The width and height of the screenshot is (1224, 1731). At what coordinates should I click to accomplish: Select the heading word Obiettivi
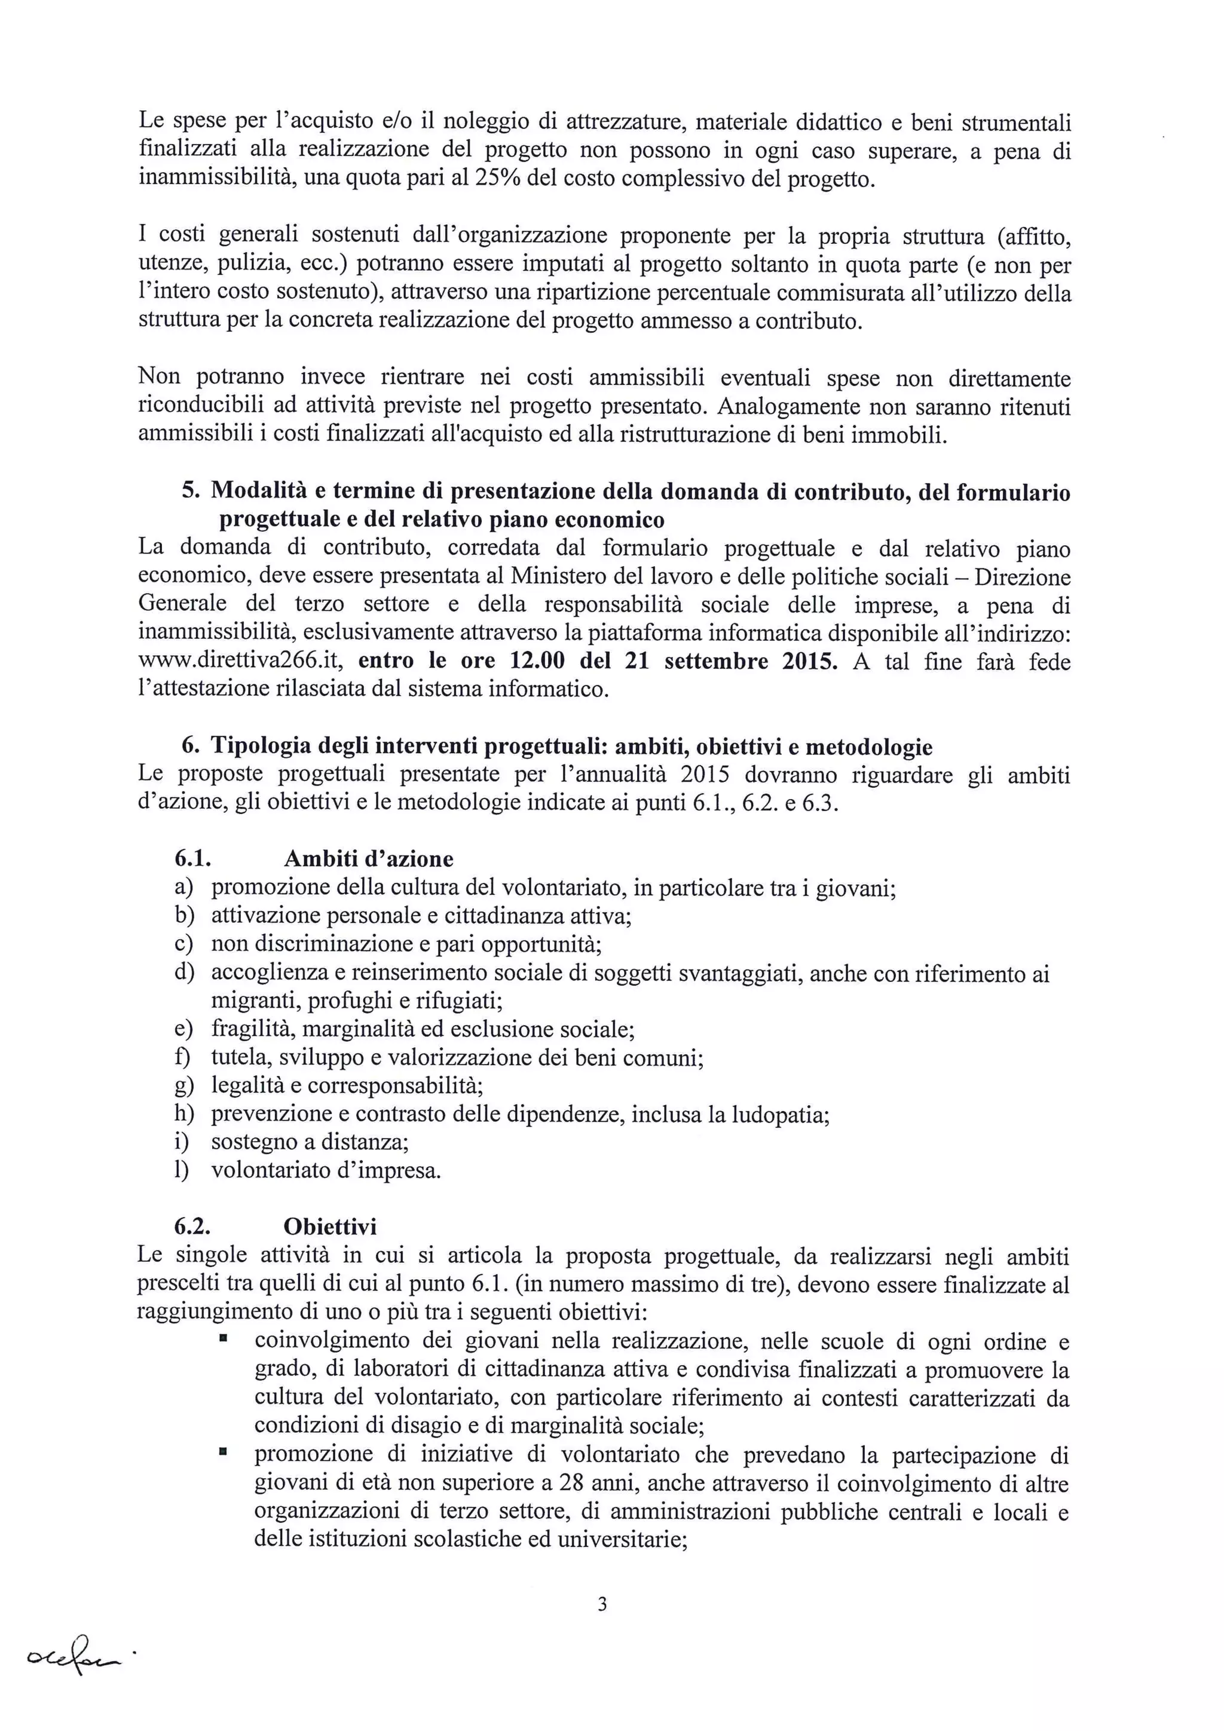[x=330, y=1227]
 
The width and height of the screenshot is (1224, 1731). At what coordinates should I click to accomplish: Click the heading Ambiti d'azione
[x=369, y=860]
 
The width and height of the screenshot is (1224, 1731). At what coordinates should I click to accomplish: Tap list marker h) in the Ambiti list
[x=184, y=1114]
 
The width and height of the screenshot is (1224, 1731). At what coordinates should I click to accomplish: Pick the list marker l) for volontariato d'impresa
[x=182, y=1171]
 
